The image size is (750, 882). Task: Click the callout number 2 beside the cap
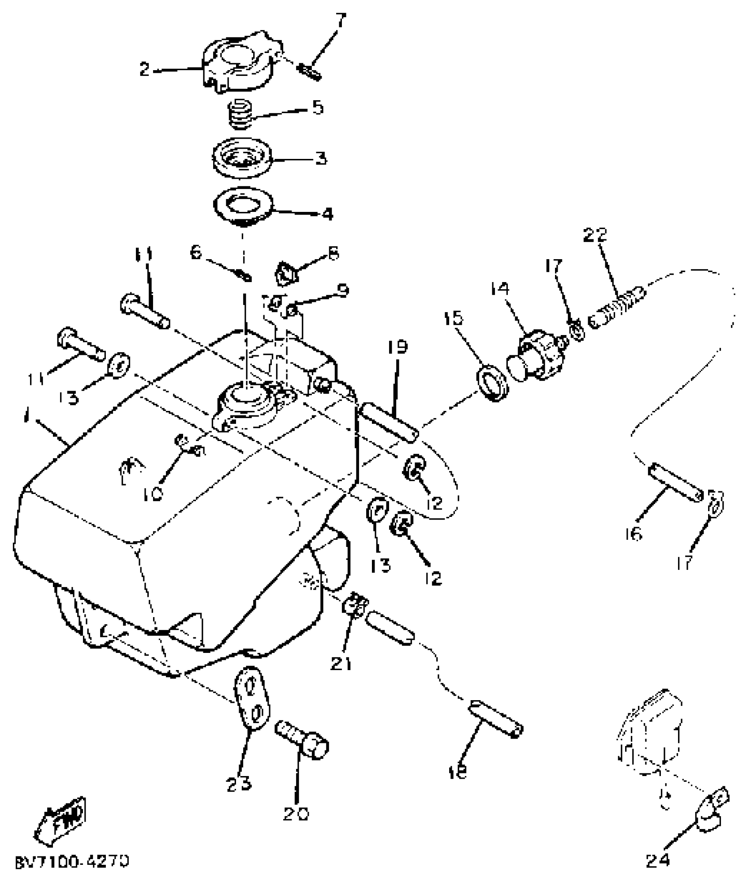click(x=144, y=69)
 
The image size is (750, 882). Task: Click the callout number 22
click(x=595, y=234)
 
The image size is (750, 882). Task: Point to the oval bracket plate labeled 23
click(x=251, y=702)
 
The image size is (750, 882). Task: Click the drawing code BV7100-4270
click(x=72, y=861)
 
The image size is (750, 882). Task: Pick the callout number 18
click(x=459, y=772)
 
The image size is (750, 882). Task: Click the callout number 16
click(x=634, y=535)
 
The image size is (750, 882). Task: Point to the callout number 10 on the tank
click(x=153, y=493)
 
